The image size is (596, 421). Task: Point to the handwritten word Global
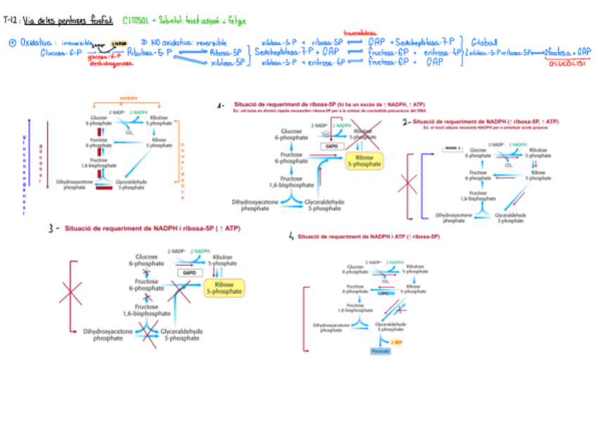(484, 41)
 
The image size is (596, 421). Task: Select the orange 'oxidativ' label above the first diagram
(129, 98)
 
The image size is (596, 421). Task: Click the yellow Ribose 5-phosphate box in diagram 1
(365, 160)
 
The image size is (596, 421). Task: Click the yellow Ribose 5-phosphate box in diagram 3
(224, 287)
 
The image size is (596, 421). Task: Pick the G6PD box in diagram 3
(188, 273)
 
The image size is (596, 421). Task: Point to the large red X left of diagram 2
(408, 185)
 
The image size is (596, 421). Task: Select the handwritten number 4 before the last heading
(290, 238)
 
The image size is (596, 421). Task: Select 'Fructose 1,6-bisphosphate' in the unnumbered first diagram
(98, 162)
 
